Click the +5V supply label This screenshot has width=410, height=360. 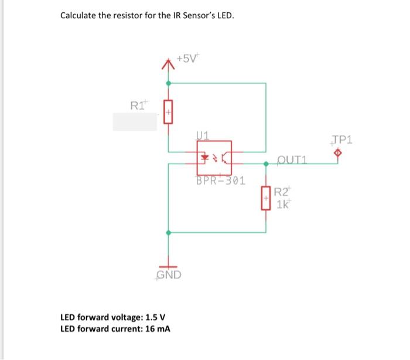[187, 59]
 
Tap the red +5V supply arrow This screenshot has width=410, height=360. [169, 65]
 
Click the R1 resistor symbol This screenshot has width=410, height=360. [169, 111]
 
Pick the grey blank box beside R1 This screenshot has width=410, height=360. [135, 121]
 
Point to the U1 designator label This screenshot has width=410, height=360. [202, 135]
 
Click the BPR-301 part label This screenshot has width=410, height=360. [220, 180]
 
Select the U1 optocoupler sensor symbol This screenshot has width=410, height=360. [214, 157]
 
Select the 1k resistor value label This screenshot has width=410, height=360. [283, 204]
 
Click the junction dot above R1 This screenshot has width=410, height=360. [169, 83]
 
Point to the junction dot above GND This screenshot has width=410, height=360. [169, 233]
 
